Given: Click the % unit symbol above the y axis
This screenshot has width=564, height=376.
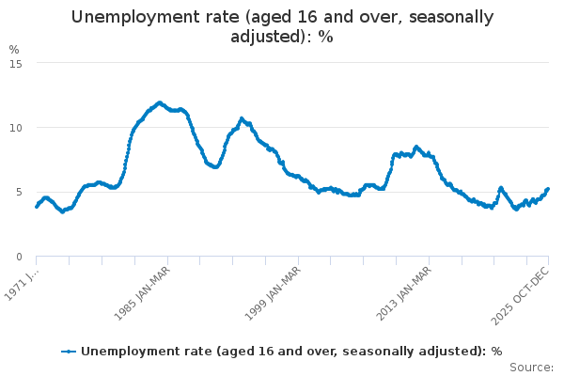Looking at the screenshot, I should click(14, 49).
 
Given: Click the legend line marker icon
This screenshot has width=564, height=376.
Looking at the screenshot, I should click(69, 352).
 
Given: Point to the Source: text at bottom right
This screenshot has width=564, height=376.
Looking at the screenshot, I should click(533, 368).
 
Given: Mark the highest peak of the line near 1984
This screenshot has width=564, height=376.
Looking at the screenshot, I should click(159, 102).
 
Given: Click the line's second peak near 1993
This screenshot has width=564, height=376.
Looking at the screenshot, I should click(242, 118).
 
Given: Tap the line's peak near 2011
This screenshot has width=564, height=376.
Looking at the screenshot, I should click(416, 147).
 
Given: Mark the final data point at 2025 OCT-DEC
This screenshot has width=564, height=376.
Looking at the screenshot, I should click(548, 189).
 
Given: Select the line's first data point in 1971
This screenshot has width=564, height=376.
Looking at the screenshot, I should click(36, 207).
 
